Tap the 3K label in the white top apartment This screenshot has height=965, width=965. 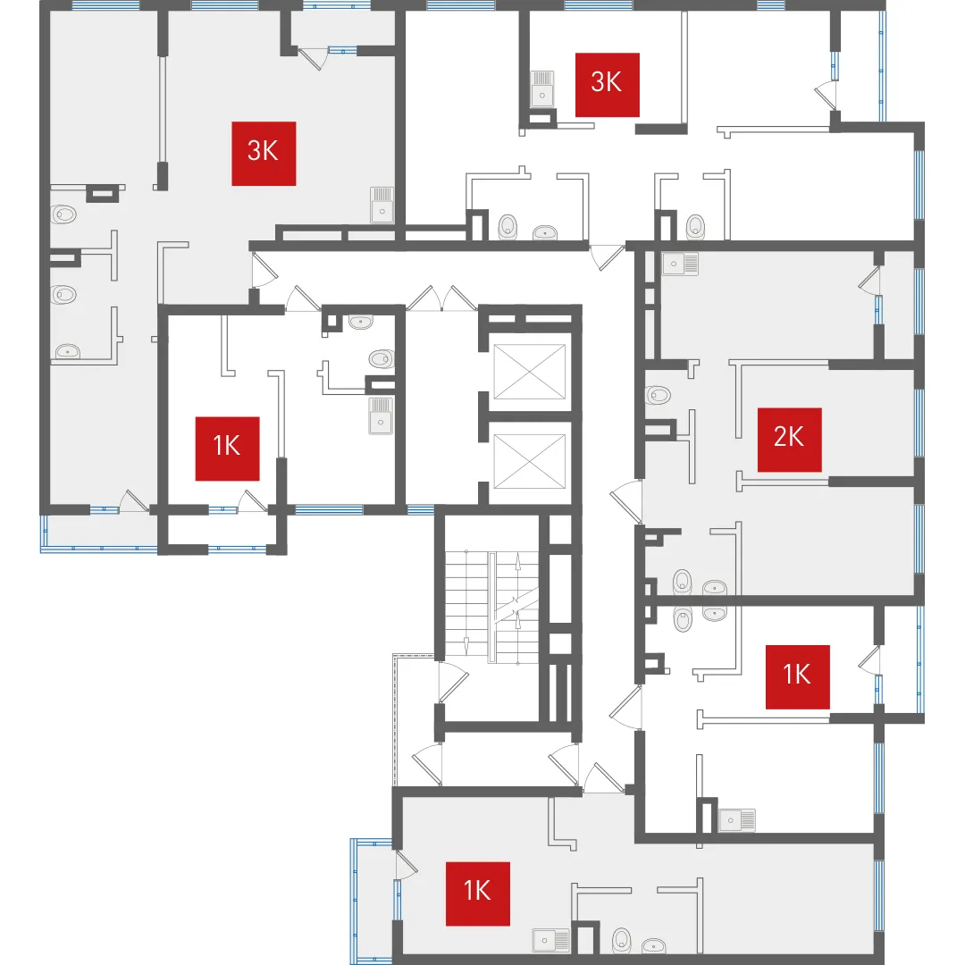point(607,84)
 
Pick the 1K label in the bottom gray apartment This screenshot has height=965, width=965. point(477,894)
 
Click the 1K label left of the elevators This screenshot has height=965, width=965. point(227,448)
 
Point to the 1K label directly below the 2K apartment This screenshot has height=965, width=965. point(797,676)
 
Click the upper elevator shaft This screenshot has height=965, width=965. point(529,372)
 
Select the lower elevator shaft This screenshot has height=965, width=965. point(529,461)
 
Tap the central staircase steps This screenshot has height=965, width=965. point(491,606)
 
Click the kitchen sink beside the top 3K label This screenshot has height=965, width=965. point(541,88)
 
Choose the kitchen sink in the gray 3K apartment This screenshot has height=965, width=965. point(382,205)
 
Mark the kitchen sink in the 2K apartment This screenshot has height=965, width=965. point(679,264)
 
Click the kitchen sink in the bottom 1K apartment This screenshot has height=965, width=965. point(550,940)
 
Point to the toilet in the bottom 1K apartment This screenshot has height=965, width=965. point(622,940)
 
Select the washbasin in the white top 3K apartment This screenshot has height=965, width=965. point(545,232)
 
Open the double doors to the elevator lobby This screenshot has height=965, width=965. point(441,298)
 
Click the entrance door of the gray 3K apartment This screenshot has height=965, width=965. point(264,270)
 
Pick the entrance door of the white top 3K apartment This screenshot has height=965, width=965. point(606,257)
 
